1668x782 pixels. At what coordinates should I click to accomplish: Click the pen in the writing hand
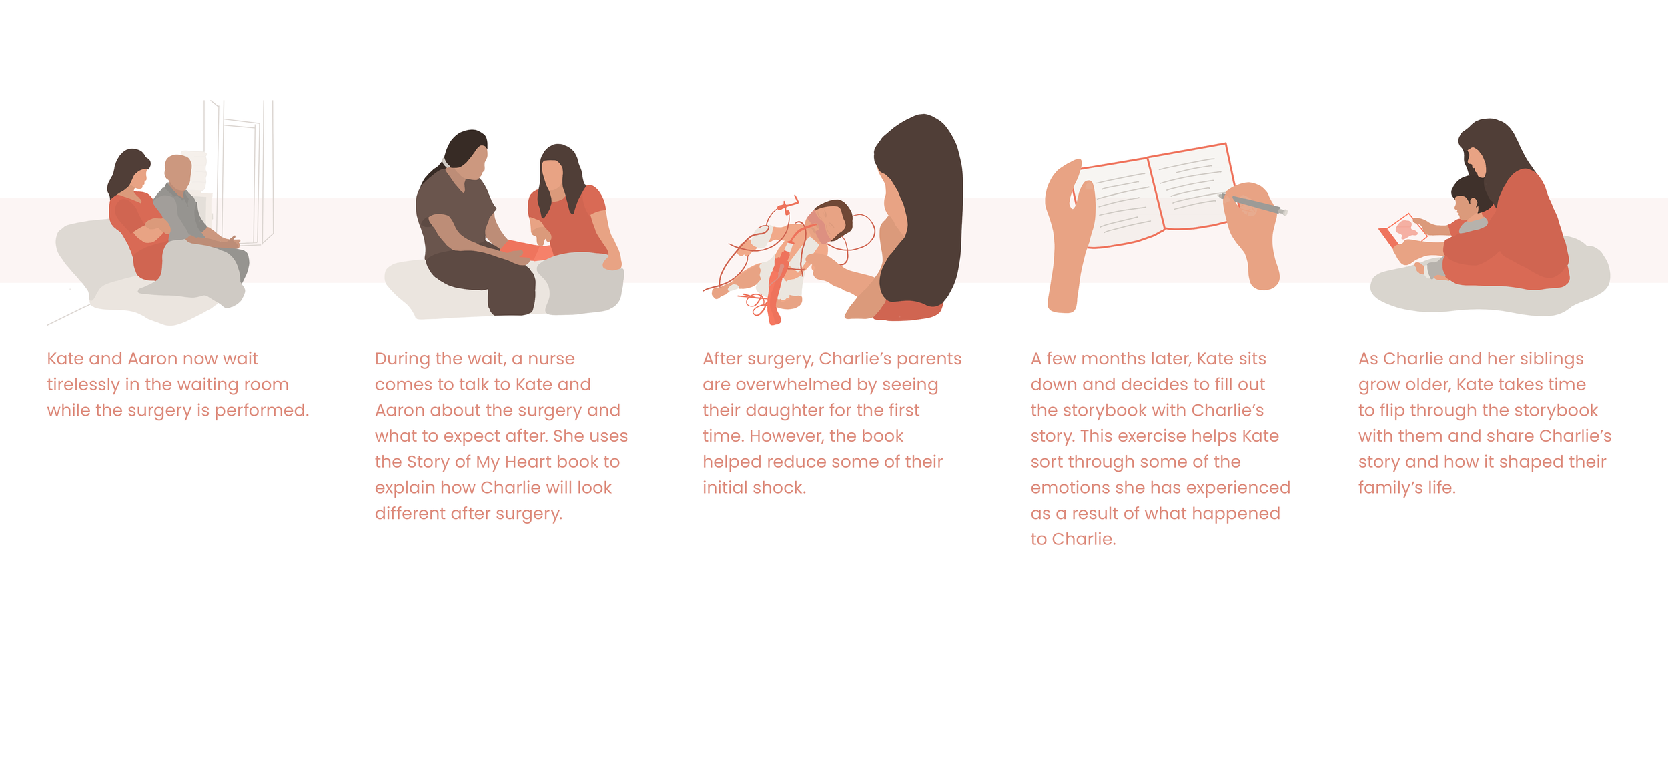coord(1252,204)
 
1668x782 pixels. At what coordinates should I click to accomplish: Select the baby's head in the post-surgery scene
coord(831,220)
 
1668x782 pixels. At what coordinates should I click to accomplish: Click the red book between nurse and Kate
coord(526,250)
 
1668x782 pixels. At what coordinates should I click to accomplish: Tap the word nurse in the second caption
coord(551,359)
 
